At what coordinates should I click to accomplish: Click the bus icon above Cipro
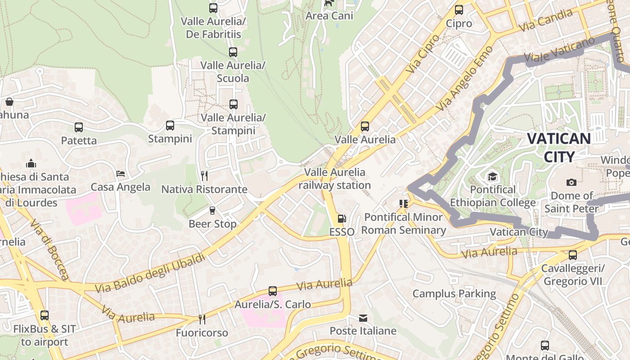(x=459, y=9)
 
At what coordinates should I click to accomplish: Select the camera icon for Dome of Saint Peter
(x=571, y=182)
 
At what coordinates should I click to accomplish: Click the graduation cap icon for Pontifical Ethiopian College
(x=493, y=176)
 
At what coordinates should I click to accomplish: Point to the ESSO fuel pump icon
(x=342, y=219)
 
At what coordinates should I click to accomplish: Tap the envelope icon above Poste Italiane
(x=363, y=318)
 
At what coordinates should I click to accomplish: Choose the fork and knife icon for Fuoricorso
(x=202, y=319)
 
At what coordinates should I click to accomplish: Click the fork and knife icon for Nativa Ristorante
(x=204, y=175)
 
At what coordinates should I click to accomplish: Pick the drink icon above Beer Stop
(x=212, y=210)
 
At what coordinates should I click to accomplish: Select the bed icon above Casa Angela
(x=120, y=173)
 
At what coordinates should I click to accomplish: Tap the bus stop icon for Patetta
(x=79, y=127)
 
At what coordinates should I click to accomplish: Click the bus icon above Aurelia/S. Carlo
(x=273, y=291)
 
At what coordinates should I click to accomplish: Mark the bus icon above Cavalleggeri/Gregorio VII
(x=572, y=255)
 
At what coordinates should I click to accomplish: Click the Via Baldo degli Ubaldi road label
(x=151, y=273)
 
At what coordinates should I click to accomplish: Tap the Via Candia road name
(x=545, y=20)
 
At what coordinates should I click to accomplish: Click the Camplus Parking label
(x=454, y=294)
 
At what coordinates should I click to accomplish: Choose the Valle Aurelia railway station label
(x=335, y=179)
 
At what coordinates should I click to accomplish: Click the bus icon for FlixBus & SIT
(x=44, y=315)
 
